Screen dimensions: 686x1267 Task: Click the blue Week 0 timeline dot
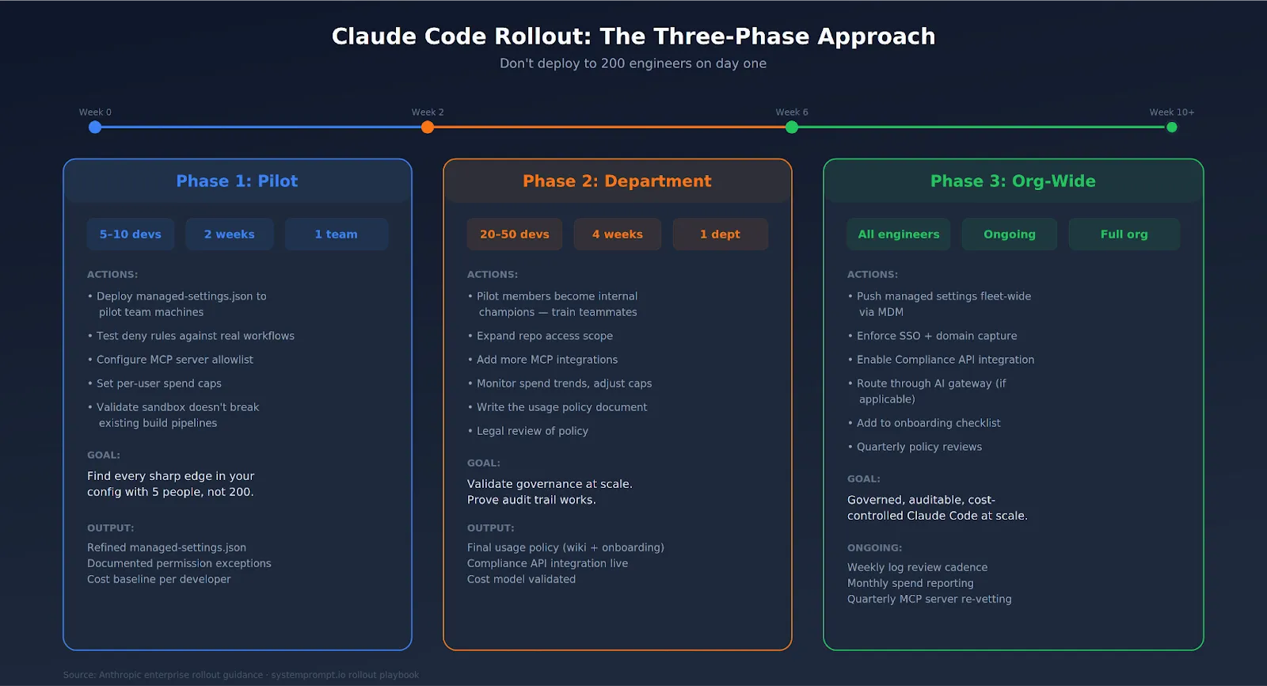(x=95, y=128)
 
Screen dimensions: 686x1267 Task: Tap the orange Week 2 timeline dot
(x=428, y=128)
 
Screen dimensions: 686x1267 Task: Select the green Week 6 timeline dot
(x=792, y=128)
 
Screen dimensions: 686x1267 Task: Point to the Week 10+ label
(x=1171, y=112)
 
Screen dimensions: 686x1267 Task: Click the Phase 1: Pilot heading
(x=237, y=181)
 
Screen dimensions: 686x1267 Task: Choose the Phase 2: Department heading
(x=617, y=181)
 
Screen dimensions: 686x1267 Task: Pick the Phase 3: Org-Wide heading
(x=1013, y=181)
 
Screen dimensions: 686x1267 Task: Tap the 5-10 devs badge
(x=131, y=234)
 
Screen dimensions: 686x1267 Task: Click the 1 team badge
(x=336, y=234)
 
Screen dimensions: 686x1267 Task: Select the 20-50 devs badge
(x=515, y=234)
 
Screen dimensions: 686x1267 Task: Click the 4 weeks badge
(x=618, y=234)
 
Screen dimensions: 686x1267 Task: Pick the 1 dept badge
(x=720, y=234)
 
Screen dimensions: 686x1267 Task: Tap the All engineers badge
(x=899, y=234)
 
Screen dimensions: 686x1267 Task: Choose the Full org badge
(x=1124, y=234)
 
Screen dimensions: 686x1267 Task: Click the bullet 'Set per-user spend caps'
(x=158, y=383)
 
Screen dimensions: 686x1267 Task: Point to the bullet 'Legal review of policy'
(x=532, y=431)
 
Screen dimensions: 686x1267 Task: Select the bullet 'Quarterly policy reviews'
(x=919, y=447)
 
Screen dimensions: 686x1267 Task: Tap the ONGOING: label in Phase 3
(x=874, y=548)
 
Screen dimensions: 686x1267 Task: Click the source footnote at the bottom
(x=241, y=675)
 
